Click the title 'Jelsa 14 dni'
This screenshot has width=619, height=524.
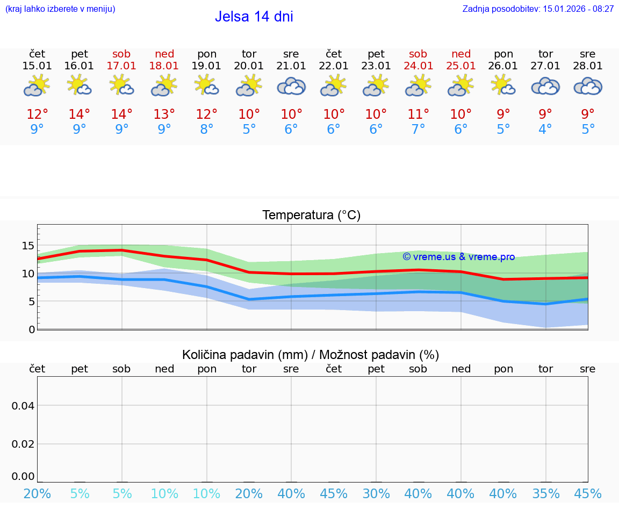[x=254, y=17]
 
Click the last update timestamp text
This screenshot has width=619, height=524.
[x=538, y=9]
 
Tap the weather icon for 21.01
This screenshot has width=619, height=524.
[x=291, y=86]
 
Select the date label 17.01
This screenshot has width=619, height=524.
[x=122, y=66]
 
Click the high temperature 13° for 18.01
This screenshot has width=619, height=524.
[x=164, y=114]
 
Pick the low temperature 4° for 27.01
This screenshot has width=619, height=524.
[x=545, y=129]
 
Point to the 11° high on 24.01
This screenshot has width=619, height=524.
[x=418, y=114]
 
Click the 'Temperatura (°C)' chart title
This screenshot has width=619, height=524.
[x=311, y=216]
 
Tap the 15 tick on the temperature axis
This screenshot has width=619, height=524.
[x=28, y=246]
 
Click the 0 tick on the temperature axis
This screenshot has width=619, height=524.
[x=32, y=329]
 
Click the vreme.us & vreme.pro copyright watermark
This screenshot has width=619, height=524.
[x=458, y=257]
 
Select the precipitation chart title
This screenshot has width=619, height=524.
[x=311, y=355]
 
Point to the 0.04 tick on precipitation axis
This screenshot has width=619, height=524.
[x=23, y=405]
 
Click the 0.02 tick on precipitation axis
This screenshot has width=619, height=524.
[x=23, y=444]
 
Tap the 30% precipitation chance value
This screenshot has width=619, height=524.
[x=376, y=493]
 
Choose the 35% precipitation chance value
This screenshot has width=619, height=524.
[x=545, y=493]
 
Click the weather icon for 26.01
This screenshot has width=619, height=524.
[x=503, y=86]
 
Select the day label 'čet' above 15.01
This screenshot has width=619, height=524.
[x=37, y=54]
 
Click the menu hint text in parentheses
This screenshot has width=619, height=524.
[x=60, y=9]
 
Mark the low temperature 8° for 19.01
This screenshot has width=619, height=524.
[x=207, y=129]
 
